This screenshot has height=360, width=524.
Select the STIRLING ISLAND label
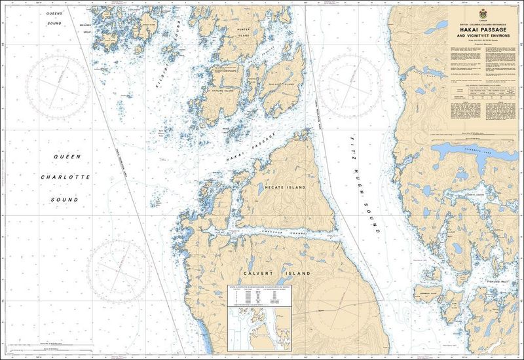click(238, 91)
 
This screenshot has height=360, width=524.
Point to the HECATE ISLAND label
click(285, 187)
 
